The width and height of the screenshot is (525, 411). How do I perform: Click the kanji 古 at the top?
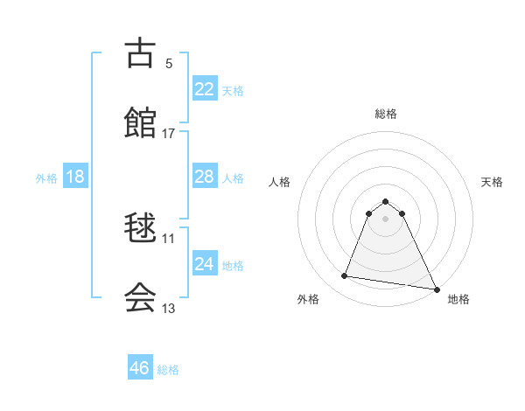141,53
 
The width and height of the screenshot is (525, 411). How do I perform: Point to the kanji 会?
141,296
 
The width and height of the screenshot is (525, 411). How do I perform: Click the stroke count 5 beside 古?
169,63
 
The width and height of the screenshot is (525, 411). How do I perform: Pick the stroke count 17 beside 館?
169,133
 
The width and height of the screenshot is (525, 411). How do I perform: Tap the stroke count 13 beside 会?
169,308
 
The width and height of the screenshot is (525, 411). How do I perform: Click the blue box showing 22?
204,89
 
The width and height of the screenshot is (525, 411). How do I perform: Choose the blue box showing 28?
204,177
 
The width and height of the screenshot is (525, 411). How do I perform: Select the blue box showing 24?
204,264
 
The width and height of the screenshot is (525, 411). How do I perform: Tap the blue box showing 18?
75,177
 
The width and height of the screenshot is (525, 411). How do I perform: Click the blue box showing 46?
140,368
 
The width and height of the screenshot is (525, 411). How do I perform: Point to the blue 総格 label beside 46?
168,370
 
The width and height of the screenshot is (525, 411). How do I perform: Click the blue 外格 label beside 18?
46,178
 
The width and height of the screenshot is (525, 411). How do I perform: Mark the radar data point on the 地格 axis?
436,289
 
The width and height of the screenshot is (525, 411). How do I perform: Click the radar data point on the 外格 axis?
345,276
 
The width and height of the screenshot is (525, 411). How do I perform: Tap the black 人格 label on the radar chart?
280,182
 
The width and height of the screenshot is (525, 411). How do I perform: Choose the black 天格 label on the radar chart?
493,182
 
